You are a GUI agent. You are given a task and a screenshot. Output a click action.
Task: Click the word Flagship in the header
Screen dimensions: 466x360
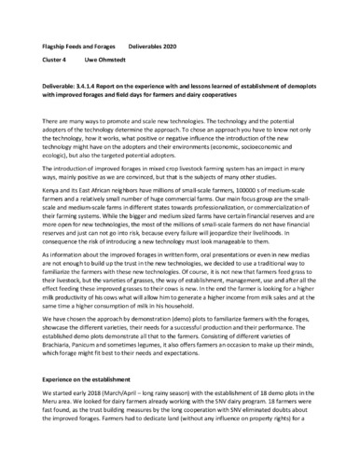[60, 45]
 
